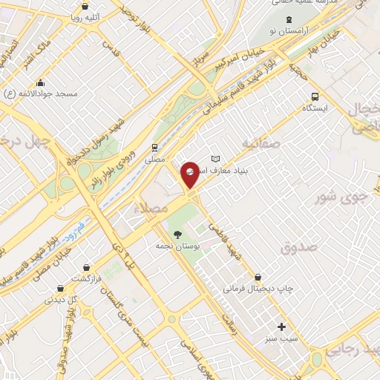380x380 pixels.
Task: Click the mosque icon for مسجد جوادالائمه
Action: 40,83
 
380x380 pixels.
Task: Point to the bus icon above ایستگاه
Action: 315,96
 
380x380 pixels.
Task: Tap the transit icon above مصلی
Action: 154,147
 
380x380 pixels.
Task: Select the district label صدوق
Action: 299,246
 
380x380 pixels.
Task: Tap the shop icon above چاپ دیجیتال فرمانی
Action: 258,277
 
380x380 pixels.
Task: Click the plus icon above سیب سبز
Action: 281,327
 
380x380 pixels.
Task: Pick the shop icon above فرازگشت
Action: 88,266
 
